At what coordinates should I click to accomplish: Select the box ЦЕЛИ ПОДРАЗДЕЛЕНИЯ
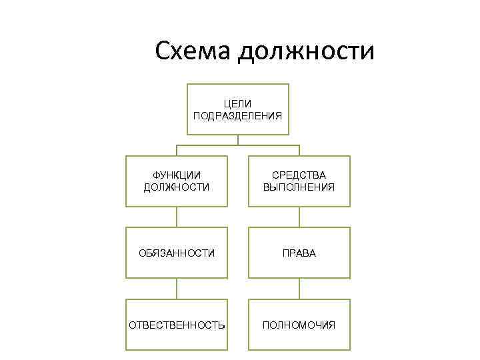pyautogui.click(x=238, y=109)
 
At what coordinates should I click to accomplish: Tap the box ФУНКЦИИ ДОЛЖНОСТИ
pyautogui.click(x=177, y=181)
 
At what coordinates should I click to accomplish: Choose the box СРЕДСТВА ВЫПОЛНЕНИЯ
pyautogui.click(x=299, y=181)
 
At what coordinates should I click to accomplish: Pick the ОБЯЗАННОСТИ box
pyautogui.click(x=177, y=253)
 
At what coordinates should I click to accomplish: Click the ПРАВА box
pyautogui.click(x=299, y=253)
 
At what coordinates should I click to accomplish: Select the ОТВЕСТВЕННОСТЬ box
pyautogui.click(x=177, y=325)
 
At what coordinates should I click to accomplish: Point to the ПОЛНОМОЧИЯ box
pyautogui.click(x=299, y=325)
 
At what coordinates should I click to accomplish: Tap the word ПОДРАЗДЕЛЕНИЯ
pyautogui.click(x=238, y=115)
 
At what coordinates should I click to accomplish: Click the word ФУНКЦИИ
pyautogui.click(x=177, y=175)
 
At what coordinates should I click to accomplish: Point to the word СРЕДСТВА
pyautogui.click(x=299, y=175)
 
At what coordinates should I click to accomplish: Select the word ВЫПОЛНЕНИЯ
pyautogui.click(x=299, y=187)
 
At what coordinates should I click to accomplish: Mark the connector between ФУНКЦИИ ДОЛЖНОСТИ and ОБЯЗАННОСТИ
pyautogui.click(x=177, y=217)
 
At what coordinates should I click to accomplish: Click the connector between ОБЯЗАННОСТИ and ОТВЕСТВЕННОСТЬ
pyautogui.click(x=177, y=289)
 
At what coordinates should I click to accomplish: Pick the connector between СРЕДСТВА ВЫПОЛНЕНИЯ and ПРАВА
pyautogui.click(x=299, y=217)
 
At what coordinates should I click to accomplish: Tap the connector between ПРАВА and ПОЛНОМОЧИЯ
pyautogui.click(x=299, y=289)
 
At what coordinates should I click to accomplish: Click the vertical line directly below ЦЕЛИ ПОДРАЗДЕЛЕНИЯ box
pyautogui.click(x=238, y=140)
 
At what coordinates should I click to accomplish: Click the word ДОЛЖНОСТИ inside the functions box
pyautogui.click(x=177, y=187)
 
